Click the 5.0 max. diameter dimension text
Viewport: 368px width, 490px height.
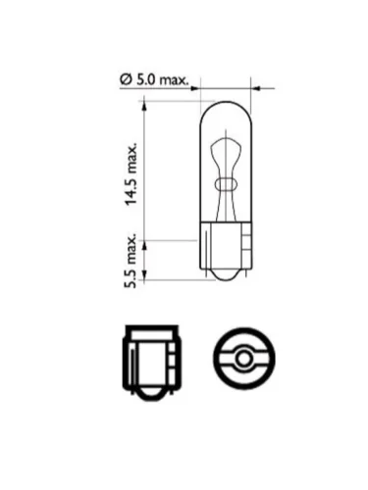pyautogui.click(x=154, y=80)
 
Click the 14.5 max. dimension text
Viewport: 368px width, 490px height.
pyautogui.click(x=131, y=173)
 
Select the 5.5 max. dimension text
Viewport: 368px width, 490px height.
pyautogui.click(x=131, y=261)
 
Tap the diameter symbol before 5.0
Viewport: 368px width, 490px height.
pyautogui.click(x=126, y=80)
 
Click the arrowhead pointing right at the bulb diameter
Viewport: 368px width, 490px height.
pyautogui.click(x=195, y=88)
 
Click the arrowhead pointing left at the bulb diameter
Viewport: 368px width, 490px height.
pyautogui.click(x=255, y=88)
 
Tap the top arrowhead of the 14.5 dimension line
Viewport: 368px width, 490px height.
pyautogui.click(x=143, y=106)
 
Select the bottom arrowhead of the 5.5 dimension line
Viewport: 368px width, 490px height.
pyautogui.click(x=143, y=274)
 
